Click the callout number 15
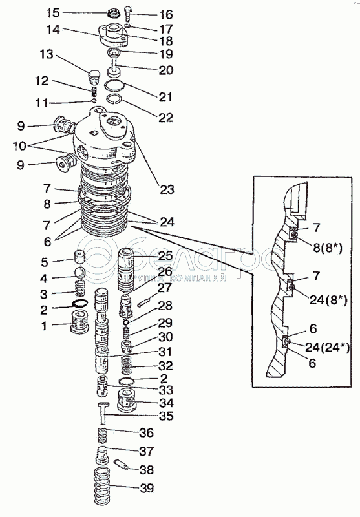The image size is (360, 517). point(52,13)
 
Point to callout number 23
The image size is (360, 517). point(167,189)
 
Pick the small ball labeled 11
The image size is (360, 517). point(94,100)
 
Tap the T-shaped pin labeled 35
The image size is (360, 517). point(103,414)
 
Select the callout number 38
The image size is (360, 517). point(146,470)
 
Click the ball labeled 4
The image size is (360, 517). point(80,273)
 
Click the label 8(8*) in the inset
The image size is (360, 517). point(328,248)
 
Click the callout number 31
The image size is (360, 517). point(165,352)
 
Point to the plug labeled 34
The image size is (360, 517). point(127,400)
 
